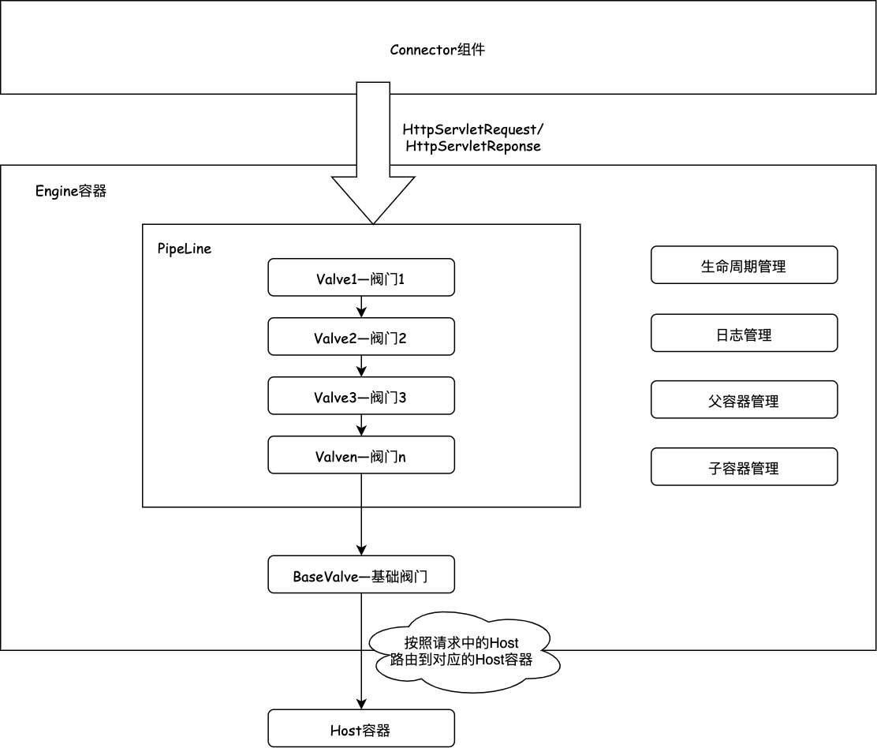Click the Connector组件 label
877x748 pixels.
(437, 50)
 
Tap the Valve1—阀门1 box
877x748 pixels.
(361, 278)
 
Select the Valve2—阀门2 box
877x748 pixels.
(361, 337)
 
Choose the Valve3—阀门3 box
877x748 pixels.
(361, 396)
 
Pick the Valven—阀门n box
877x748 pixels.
(361, 455)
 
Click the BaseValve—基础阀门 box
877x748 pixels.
(361, 575)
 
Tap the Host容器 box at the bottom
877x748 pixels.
(361, 728)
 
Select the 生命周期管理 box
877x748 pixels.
(744, 265)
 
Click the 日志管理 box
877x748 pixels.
(744, 333)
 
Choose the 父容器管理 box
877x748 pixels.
(744, 400)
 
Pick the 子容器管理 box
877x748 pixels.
(744, 467)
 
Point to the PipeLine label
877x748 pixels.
(185, 248)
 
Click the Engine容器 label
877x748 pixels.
(71, 191)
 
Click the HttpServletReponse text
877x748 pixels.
(472, 147)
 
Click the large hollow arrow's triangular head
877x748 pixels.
(373, 197)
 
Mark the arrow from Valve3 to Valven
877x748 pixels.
(361, 426)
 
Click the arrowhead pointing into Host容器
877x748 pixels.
(361, 704)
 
